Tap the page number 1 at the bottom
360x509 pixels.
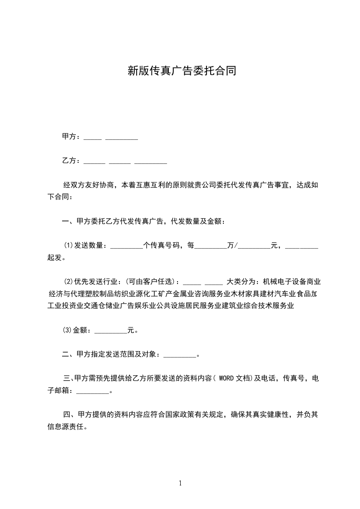click(x=180, y=483)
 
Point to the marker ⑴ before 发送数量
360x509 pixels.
click(x=68, y=245)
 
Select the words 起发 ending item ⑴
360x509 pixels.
click(x=54, y=258)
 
